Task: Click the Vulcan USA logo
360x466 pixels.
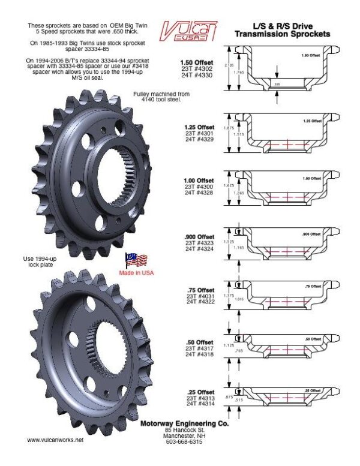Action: pos(189,31)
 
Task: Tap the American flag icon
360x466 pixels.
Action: pos(136,260)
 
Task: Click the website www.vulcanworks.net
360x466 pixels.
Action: pos(55,440)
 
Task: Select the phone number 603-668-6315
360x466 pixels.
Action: pos(184,441)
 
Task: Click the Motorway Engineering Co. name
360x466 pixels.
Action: pos(184,423)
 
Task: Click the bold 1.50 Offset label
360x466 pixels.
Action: pos(197,62)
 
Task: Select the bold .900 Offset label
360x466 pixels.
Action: pos(197,236)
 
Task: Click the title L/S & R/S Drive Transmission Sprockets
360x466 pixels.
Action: pos(282,31)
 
